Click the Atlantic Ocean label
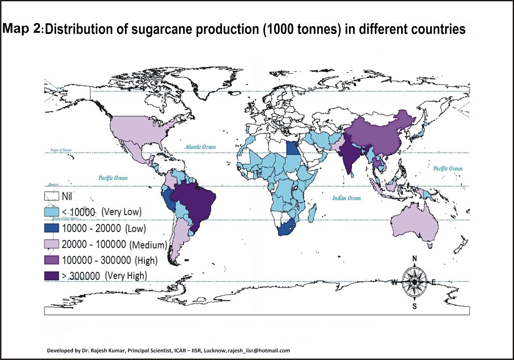200,147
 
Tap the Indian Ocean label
346,198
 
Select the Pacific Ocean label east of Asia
448,168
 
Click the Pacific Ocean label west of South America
113,178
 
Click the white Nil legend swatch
51,196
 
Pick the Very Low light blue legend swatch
51,212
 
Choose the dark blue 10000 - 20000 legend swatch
51,228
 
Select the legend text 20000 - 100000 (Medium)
114,244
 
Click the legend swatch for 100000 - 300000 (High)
51,260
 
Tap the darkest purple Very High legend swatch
51,276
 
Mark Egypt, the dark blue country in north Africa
292,148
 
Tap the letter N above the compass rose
414,259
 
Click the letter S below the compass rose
414,306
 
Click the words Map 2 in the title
21,29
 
